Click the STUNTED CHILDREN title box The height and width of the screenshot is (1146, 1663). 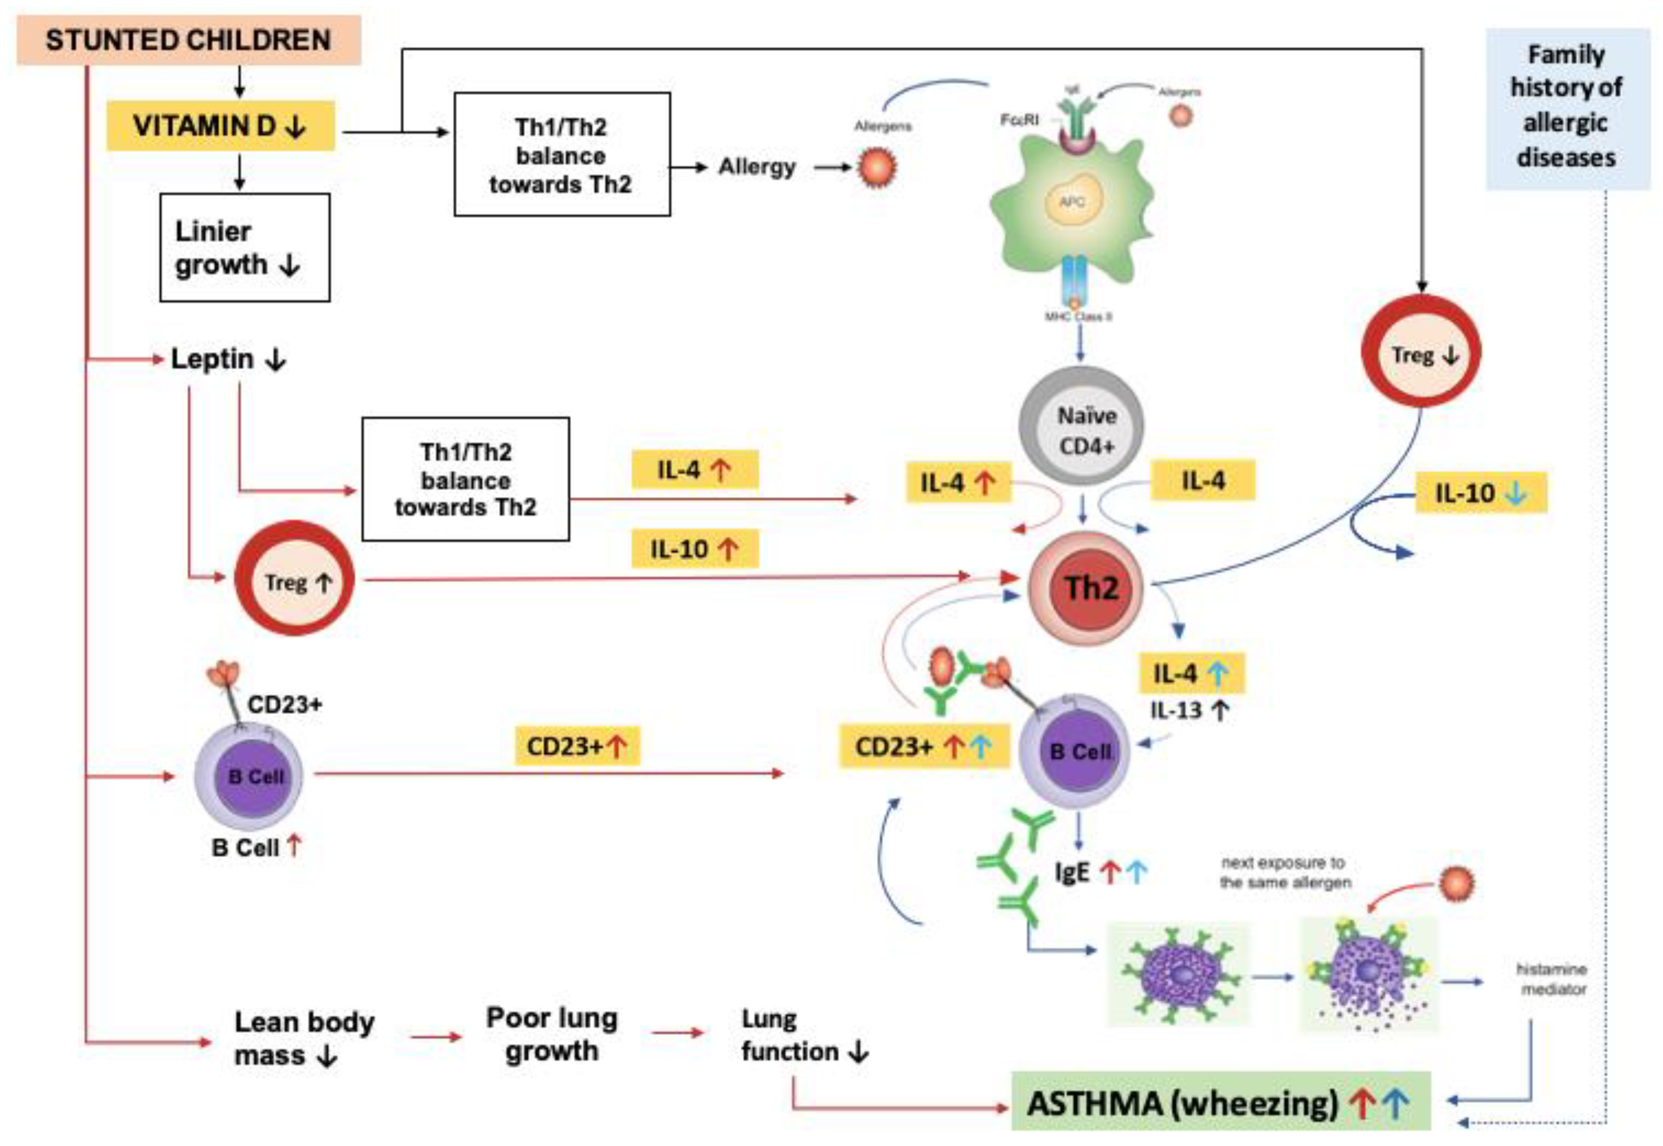[x=188, y=40]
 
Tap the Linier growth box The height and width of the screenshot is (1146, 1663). [x=244, y=248]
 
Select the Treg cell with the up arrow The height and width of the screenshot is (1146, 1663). [x=294, y=581]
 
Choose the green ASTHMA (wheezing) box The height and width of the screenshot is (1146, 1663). [x=1219, y=1103]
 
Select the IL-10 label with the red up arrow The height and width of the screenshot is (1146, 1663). [x=693, y=549]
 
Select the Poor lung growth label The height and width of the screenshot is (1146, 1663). [x=551, y=1034]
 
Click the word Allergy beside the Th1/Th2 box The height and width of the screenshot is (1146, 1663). [x=757, y=167]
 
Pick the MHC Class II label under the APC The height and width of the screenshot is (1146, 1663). [x=1078, y=316]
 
